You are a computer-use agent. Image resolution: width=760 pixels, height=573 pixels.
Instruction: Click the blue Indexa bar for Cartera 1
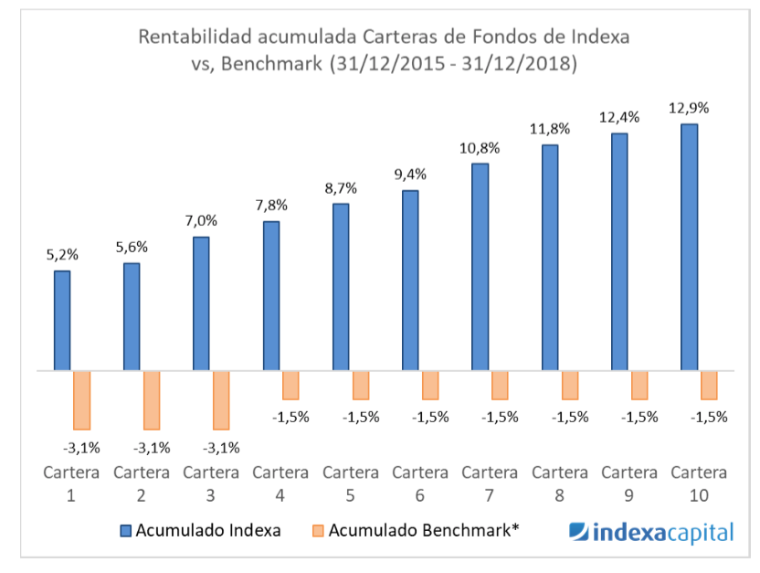coord(62,321)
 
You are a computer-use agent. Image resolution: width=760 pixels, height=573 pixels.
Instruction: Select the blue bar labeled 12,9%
coord(690,247)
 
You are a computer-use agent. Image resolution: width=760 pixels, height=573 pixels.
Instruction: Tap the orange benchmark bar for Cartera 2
coord(151,400)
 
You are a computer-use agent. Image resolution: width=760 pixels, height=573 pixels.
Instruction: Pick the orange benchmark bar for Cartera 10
coord(708,386)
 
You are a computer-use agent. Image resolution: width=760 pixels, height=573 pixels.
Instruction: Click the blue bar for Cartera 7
coord(480,267)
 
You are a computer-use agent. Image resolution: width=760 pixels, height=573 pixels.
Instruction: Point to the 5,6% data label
coord(132,247)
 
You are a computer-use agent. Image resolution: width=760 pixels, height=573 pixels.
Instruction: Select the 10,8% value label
coord(480,147)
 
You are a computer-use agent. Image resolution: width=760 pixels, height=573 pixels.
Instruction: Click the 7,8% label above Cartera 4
coord(271,205)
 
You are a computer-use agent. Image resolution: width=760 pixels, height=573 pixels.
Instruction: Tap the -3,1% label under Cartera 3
coord(221,447)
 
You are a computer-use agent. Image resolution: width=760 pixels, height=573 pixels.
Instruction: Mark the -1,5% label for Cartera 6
coord(430,417)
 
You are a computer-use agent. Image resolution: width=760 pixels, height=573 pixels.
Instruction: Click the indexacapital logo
coord(650,532)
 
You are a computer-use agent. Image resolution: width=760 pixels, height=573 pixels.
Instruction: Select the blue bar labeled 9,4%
coord(410,281)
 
